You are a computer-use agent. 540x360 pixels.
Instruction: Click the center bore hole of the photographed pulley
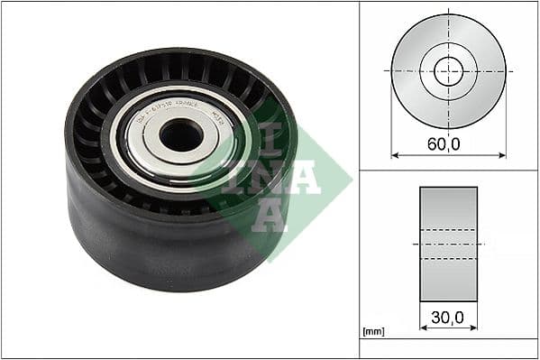180,135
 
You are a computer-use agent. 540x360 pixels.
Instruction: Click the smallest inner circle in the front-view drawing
448,70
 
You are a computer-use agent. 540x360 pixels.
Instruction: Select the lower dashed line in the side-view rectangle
448,258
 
